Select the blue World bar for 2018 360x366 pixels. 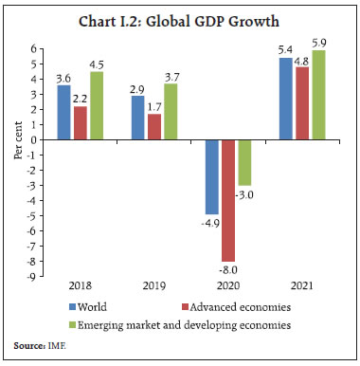coord(63,112)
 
